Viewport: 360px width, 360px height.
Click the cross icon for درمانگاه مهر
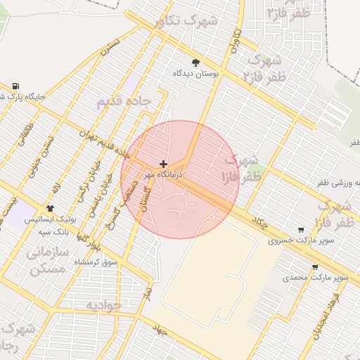[x=164, y=164]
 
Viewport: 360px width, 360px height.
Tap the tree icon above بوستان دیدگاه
[x=195, y=63]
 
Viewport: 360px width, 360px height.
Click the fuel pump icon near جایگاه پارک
[x=15, y=85]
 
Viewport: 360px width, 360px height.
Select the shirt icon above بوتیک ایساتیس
[x=51, y=208]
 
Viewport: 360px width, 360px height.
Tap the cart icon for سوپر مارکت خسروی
[x=301, y=230]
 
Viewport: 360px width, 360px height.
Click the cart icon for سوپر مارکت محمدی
[x=314, y=267]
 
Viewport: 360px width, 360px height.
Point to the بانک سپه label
[x=53, y=231]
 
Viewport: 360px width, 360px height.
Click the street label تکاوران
[x=237, y=42]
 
